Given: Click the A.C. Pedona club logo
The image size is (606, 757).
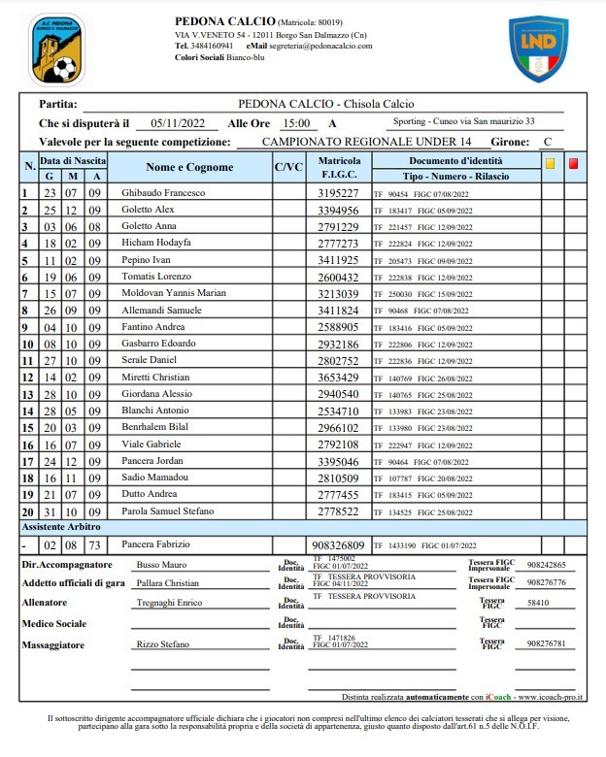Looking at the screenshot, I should tap(58, 49).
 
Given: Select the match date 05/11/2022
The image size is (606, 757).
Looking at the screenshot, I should tap(171, 123).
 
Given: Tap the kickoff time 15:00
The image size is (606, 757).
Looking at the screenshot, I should tap(295, 123).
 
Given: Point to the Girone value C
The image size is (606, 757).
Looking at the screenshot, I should tap(548, 142).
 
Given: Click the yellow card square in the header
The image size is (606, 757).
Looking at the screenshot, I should tap(550, 164).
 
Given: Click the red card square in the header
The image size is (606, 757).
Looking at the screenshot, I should tap(573, 164).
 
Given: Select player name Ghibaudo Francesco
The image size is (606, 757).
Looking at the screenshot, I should tap(162, 193).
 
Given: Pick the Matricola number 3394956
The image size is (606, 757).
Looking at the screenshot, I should tap(339, 209).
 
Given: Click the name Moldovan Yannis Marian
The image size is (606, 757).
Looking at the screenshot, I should tap(173, 292).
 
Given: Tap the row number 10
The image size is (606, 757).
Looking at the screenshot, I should tap(28, 344).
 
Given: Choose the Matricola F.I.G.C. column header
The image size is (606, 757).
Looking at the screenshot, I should tap(339, 167).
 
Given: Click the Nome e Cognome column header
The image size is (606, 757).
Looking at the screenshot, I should tap(189, 167).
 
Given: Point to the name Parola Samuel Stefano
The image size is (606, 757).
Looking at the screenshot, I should tap(167, 510).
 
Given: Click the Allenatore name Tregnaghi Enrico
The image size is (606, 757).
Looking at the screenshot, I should tap(171, 603).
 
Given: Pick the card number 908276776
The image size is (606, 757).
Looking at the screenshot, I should tap(546, 582).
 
